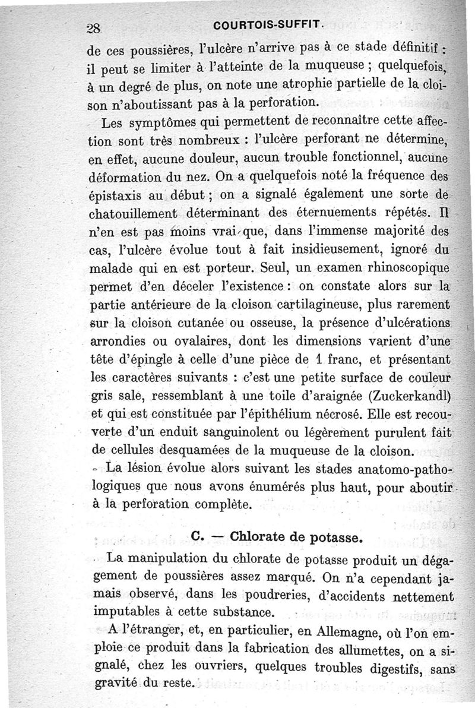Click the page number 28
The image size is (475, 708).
click(94, 28)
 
